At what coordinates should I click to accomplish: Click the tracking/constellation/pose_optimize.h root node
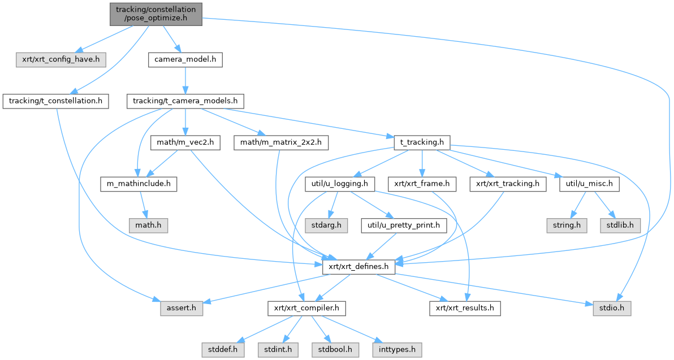pyautogui.click(x=155, y=14)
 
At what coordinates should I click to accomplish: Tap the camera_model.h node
pyautogui.click(x=185, y=58)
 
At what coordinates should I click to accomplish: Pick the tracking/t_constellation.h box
pyautogui.click(x=55, y=101)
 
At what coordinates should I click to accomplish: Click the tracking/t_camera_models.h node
pyautogui.click(x=185, y=101)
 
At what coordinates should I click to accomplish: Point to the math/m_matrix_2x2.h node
pyautogui.click(x=280, y=142)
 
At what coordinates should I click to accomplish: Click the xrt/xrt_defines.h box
pyautogui.click(x=358, y=266)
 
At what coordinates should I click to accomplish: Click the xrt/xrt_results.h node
pyautogui.click(x=465, y=308)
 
